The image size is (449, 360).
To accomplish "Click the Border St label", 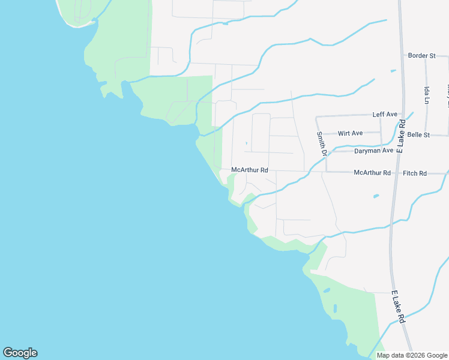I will click(421, 56).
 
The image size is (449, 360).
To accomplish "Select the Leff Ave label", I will click(385, 114).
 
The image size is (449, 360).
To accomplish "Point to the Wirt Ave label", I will click(351, 133).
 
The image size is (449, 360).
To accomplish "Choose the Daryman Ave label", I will click(373, 151).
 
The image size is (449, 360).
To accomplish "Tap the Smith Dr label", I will click(321, 145).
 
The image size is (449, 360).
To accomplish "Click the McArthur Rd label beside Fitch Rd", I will click(372, 173).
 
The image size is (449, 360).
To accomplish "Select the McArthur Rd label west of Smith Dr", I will click(249, 170).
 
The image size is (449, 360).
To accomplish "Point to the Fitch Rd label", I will click(415, 173).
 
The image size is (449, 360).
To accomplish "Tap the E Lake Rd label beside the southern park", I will click(399, 307).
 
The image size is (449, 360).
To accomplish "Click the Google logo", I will click(20, 353).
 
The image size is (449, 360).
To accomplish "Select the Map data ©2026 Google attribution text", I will click(412, 355).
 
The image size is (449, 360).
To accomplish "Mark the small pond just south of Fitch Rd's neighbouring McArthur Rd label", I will click(376, 196).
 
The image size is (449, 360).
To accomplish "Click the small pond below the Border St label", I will click(393, 71).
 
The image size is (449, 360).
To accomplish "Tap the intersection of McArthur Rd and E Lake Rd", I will click(395, 173).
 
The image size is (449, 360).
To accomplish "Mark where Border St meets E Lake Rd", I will click(402, 56).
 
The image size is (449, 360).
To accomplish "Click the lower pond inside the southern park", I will click(334, 310).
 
